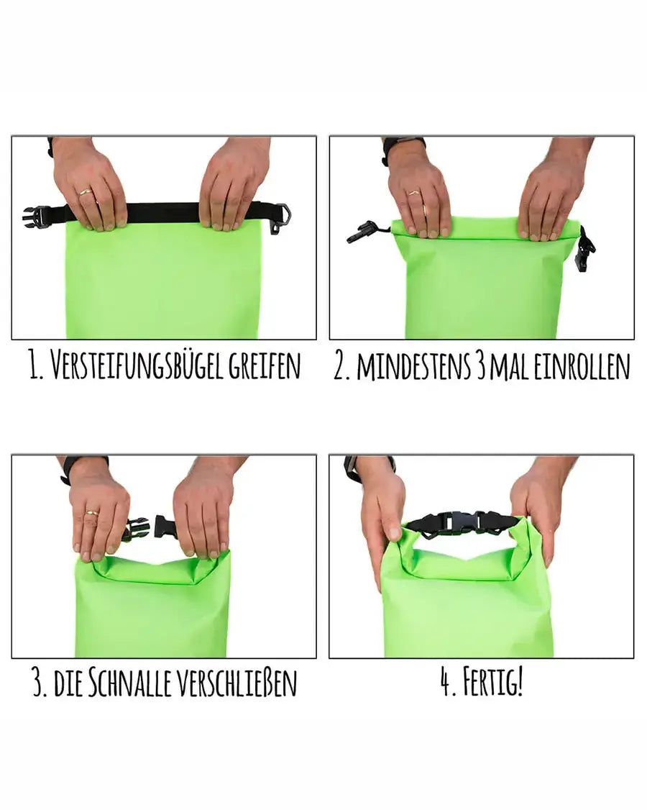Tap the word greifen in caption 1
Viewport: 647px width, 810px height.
265,366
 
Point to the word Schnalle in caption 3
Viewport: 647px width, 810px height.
130,683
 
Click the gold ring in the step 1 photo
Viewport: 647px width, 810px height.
86,192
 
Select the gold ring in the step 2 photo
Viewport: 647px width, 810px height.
415,192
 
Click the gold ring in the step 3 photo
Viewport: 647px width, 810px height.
91,513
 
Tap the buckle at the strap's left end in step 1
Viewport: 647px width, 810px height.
36,215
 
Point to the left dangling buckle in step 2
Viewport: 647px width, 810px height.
362,232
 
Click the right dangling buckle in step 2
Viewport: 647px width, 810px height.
586,249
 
